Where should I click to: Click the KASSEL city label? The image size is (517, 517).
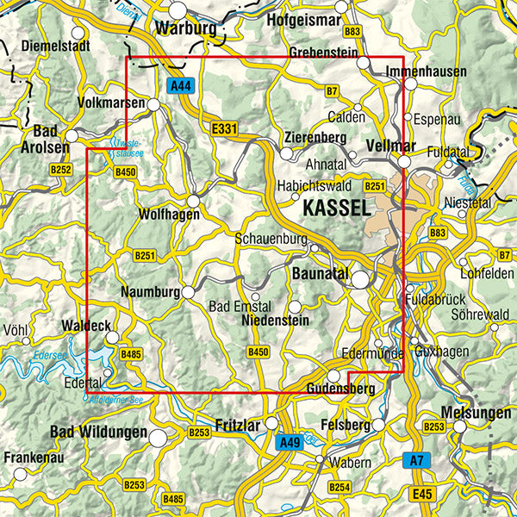point(336,208)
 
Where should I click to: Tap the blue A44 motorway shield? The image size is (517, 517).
point(180,86)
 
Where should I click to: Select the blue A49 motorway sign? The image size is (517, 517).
point(290,443)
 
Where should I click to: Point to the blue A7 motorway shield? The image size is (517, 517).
point(416,462)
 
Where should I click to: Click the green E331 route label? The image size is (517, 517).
point(223,128)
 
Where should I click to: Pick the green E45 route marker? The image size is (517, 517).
point(420,494)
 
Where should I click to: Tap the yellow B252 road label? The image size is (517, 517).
point(60,170)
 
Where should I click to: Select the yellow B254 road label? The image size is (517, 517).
point(339,488)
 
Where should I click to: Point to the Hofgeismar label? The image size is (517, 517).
point(305,18)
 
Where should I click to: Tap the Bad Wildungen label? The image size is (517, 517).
point(97,431)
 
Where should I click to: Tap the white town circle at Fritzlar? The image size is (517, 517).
point(272,423)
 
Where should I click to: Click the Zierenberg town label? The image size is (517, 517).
point(315,138)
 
